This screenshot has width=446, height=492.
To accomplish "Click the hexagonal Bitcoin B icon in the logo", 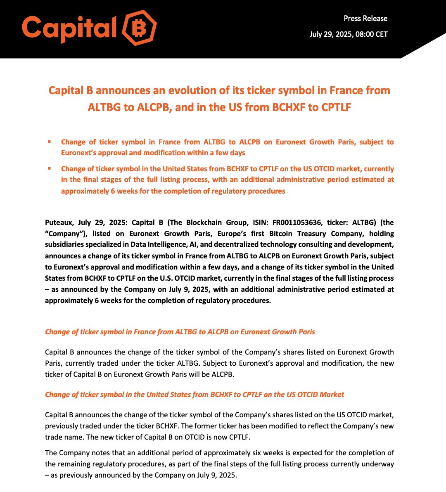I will [139, 28].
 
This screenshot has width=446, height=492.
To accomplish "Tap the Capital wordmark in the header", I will [69, 29].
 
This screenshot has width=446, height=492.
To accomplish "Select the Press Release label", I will [365, 19].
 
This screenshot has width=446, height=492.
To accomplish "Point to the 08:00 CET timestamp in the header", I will [371, 34].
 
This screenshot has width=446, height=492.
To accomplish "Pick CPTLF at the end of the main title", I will [334, 107].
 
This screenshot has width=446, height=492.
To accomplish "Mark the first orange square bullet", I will [50, 142].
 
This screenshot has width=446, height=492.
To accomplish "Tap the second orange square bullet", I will [50, 168].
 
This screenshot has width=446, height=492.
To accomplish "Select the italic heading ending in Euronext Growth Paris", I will [180, 332].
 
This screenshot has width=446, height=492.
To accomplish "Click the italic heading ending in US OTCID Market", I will [194, 395].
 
